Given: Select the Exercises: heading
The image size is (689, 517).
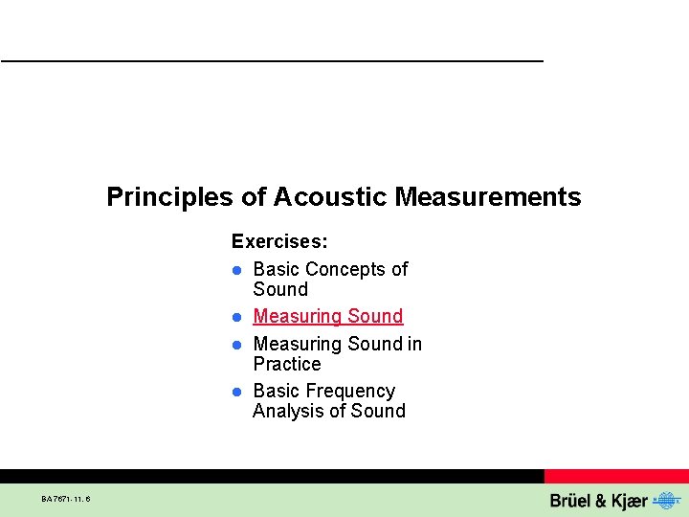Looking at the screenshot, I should coord(279,242).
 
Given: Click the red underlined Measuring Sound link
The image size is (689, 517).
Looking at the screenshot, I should coord(328,316).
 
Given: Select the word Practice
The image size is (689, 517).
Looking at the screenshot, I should coord(287,364).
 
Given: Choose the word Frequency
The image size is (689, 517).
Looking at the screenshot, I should coord(350,391).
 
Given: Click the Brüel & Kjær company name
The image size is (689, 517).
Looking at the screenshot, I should coord(598,500).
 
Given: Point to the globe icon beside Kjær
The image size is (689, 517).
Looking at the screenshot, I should coord(663,500).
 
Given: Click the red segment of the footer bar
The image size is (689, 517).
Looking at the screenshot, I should coord(616,476).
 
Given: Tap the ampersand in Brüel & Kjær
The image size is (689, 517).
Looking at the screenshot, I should coord(594,500).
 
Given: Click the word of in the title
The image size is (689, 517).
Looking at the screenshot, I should coord(254,197).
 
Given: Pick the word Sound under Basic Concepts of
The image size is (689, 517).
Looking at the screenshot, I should coord(280,289).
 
